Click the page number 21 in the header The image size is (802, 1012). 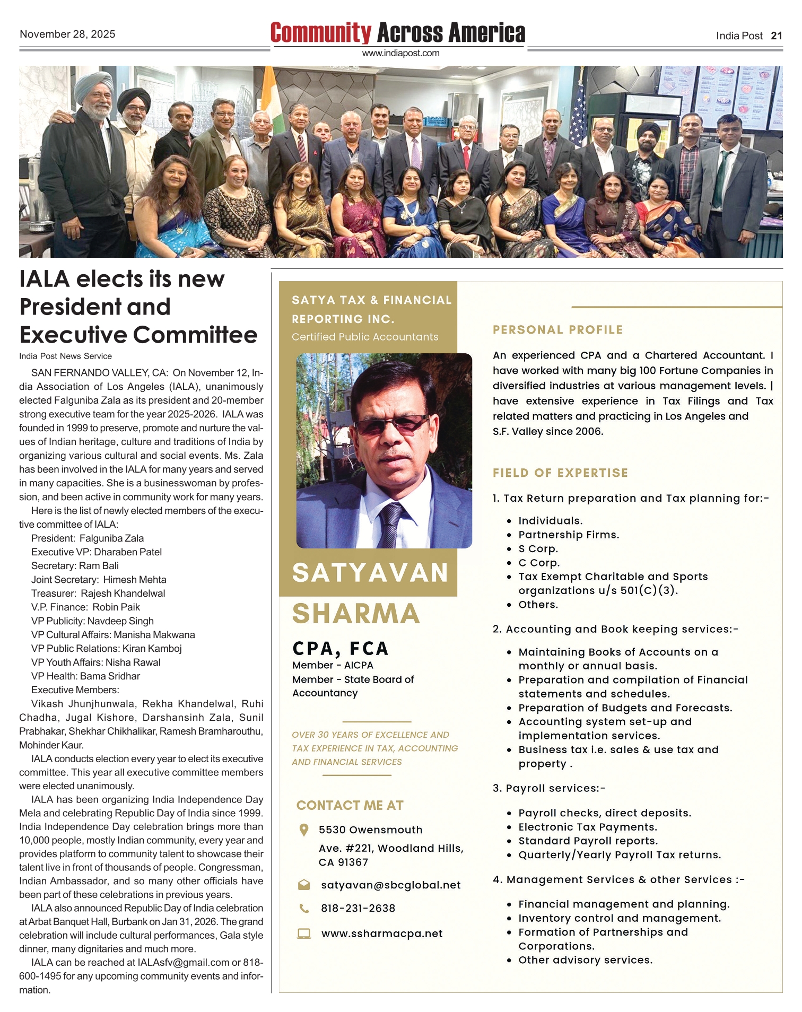[777, 36]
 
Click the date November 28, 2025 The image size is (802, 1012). [67, 34]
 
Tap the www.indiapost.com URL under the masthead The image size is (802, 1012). [400, 53]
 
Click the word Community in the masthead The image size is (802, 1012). [320, 33]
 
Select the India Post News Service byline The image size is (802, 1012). [65, 356]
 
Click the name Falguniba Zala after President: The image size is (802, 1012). [111, 538]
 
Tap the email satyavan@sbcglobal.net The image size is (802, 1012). [390, 885]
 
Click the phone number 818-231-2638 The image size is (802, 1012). [358, 909]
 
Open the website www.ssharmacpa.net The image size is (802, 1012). [382, 934]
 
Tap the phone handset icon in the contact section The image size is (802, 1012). [304, 909]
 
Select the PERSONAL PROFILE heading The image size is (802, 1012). [557, 330]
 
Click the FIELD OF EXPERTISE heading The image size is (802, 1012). [560, 473]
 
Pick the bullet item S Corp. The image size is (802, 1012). [538, 549]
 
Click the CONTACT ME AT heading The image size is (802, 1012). [350, 806]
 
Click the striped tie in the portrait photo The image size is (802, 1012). [390, 525]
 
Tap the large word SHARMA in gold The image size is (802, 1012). [356, 614]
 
